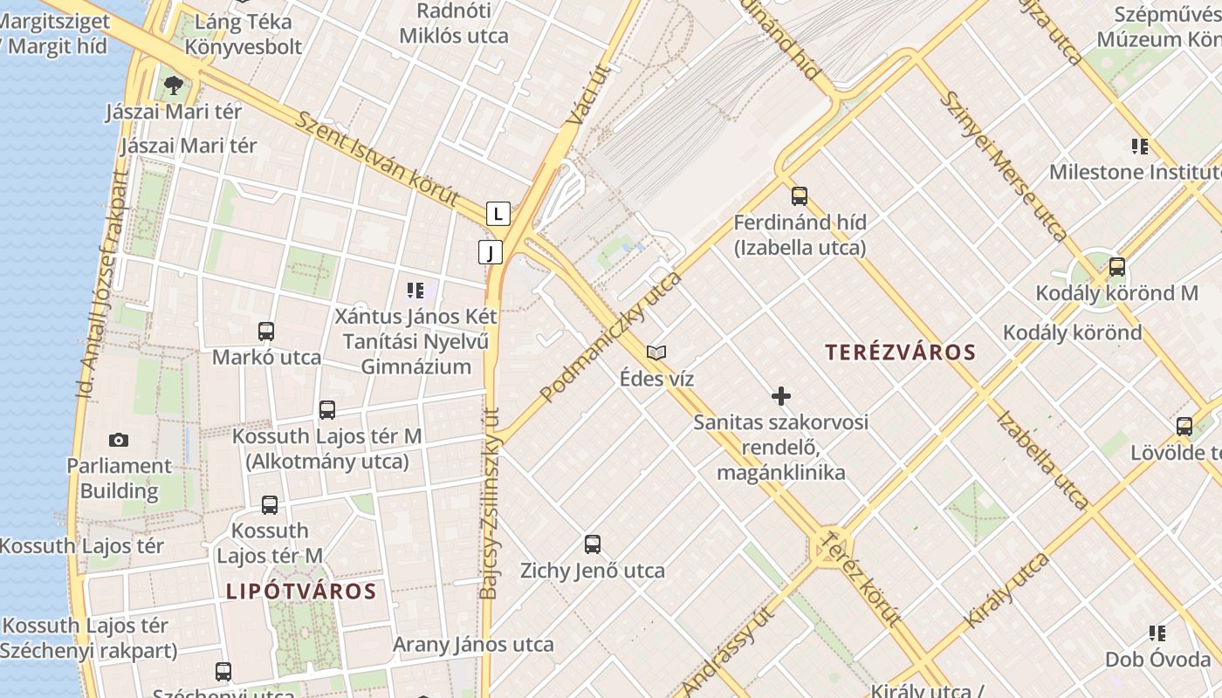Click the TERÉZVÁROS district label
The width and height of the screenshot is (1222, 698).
click(900, 352)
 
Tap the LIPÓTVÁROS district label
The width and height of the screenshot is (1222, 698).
click(301, 592)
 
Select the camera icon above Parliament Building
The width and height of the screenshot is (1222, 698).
click(119, 440)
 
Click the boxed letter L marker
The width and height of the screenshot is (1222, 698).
click(498, 213)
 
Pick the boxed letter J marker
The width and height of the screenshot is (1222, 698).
click(491, 253)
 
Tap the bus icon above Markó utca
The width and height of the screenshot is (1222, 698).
click(266, 332)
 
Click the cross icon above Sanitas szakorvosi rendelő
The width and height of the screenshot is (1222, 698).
click(781, 397)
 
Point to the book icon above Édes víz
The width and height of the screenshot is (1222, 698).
click(656, 352)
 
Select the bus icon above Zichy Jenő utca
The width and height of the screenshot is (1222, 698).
click(593, 544)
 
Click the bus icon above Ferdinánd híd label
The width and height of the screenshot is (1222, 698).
click(800, 196)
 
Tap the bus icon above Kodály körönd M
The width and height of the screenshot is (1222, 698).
click(1116, 267)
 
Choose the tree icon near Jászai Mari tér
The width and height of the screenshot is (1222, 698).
click(174, 85)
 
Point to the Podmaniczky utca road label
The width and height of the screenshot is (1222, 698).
click(610, 337)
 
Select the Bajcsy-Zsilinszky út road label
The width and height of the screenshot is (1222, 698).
click(490, 504)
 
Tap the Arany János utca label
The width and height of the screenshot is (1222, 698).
click(473, 645)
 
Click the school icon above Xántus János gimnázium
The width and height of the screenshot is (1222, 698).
click(415, 290)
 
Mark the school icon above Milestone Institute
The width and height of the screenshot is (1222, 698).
click(1139, 146)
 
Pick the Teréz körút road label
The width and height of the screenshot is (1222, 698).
click(861, 578)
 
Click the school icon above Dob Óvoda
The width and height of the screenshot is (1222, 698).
click(1157, 633)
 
